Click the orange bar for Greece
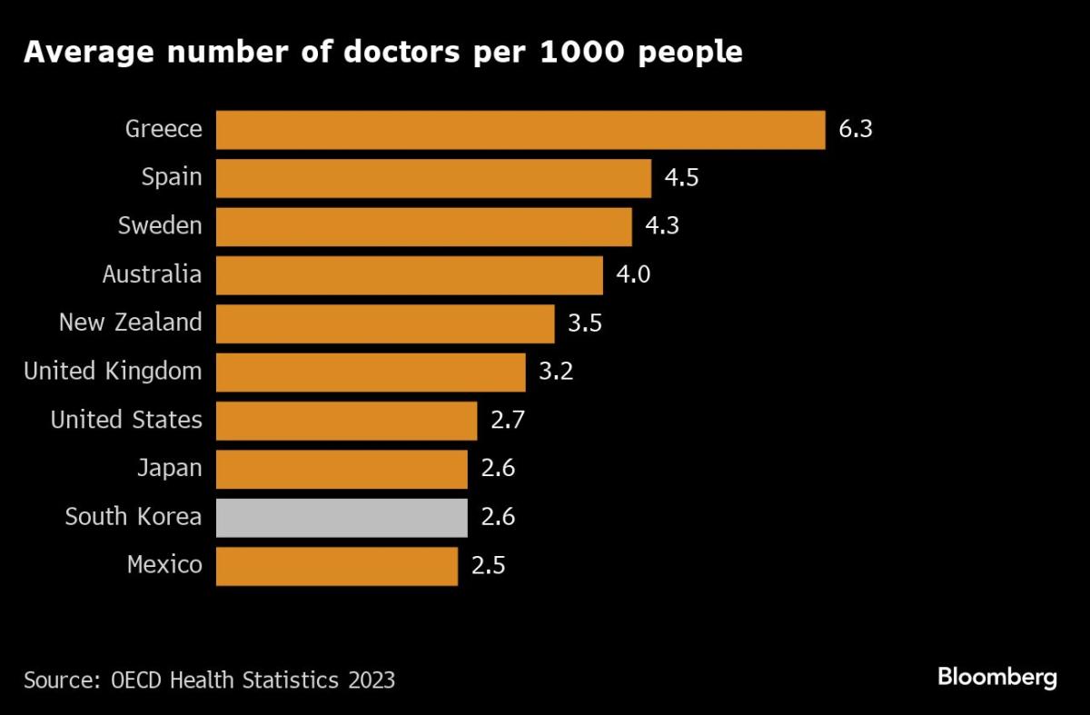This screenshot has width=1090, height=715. click(520, 130)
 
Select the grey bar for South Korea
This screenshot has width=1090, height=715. click(342, 518)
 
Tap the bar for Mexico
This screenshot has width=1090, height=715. click(337, 566)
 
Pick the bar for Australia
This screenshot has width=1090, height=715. click(410, 275)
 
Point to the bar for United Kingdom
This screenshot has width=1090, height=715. click(371, 372)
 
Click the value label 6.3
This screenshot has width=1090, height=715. click(856, 129)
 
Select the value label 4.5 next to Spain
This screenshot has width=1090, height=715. click(681, 178)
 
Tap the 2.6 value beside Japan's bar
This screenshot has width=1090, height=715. click(498, 469)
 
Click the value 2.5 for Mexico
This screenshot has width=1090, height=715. click(488, 566)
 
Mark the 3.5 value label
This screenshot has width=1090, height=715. click(585, 323)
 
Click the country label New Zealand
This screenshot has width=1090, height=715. click(130, 323)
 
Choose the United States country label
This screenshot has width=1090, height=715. click(126, 420)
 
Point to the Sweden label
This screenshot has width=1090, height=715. click(160, 226)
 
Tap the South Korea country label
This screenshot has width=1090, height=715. click(134, 518)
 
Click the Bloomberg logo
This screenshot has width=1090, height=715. click(997, 677)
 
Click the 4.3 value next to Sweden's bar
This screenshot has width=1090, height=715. click(662, 226)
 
